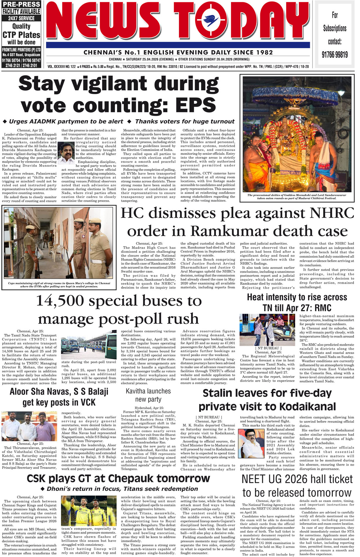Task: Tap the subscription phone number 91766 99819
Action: coord(334,55)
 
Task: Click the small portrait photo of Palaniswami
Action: coord(66,152)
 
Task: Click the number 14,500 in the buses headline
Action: coord(60,301)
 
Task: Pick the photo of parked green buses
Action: coord(89,345)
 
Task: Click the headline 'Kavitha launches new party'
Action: coord(148,395)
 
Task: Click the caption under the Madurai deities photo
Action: coord(297,197)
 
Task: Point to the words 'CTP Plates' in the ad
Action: coord(21,35)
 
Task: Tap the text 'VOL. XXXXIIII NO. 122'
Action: coord(62,67)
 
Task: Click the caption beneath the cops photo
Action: coord(59,285)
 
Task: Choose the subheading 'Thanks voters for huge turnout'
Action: coord(185,121)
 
